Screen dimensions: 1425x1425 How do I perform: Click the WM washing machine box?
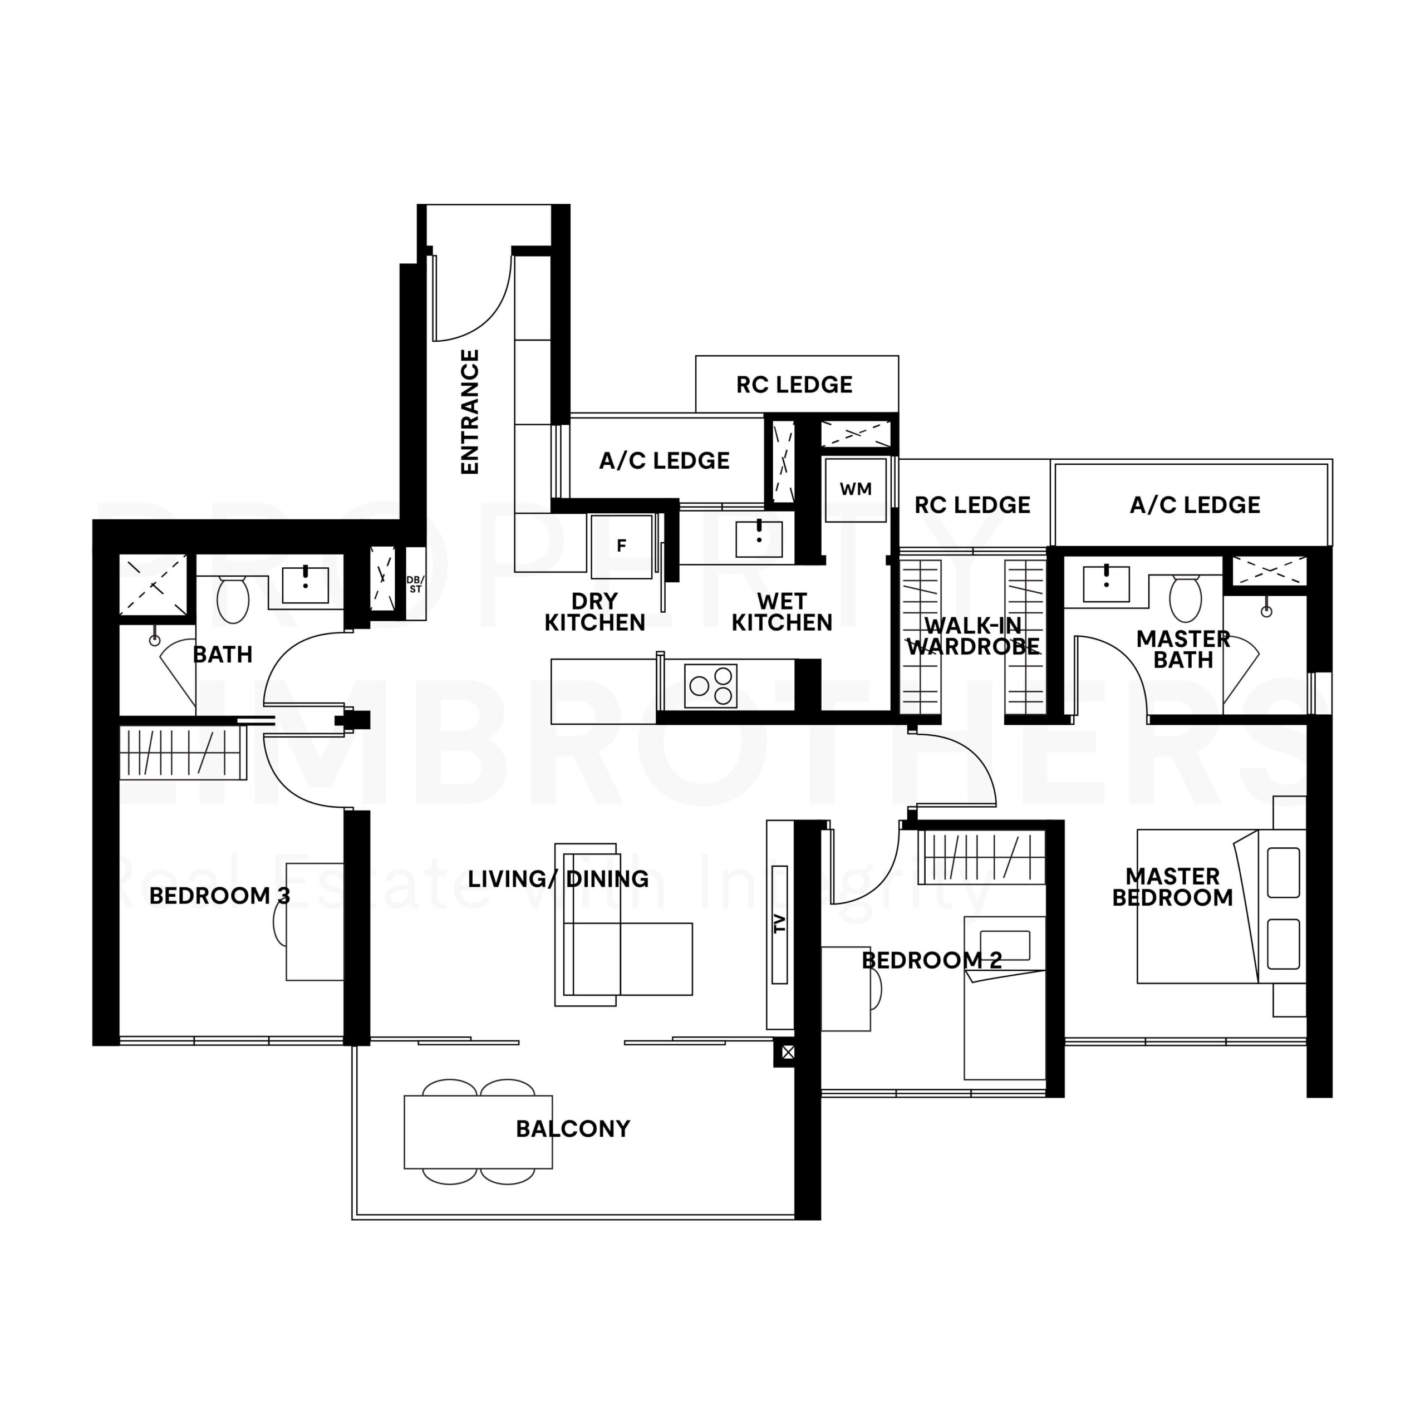(x=856, y=490)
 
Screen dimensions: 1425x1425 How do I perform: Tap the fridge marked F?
(x=621, y=547)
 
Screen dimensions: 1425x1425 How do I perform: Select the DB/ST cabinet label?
(x=415, y=584)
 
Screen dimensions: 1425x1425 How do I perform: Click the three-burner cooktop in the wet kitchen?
(x=711, y=686)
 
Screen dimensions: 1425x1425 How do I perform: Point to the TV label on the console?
(x=780, y=924)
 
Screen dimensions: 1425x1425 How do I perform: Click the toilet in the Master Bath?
(x=1186, y=598)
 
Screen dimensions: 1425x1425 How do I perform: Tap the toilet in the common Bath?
(x=233, y=600)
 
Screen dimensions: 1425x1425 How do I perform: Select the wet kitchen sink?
(x=759, y=538)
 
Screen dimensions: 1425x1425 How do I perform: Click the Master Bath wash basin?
(x=1107, y=584)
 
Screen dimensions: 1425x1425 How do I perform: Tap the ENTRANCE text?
(x=470, y=411)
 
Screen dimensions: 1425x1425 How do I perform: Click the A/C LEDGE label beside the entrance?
(x=664, y=461)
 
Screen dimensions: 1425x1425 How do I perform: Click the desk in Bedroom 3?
(x=315, y=922)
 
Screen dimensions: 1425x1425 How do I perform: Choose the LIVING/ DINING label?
(x=558, y=879)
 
